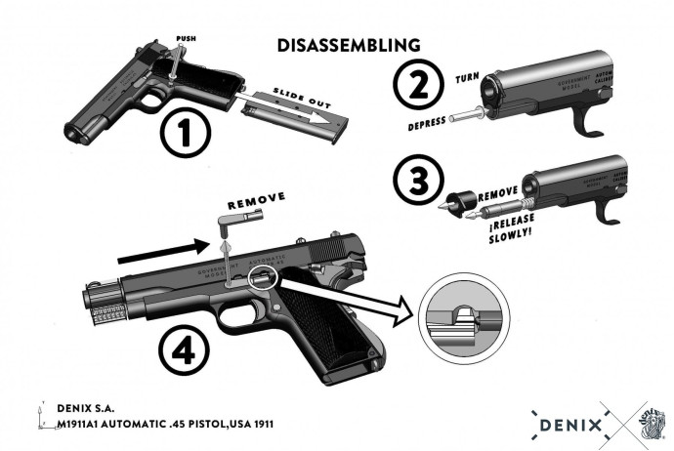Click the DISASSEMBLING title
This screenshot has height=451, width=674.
(x=349, y=45)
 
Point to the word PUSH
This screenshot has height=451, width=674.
(x=186, y=39)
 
